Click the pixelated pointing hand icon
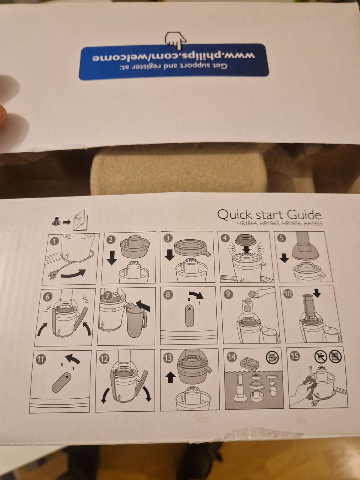tap(175, 40)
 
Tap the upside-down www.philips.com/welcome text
tap(173, 57)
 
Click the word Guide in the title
tap(304, 215)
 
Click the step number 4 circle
tap(225, 238)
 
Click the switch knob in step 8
tap(189, 316)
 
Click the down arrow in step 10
tap(317, 292)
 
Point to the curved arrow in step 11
tap(73, 360)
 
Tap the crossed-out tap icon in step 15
tap(320, 357)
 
